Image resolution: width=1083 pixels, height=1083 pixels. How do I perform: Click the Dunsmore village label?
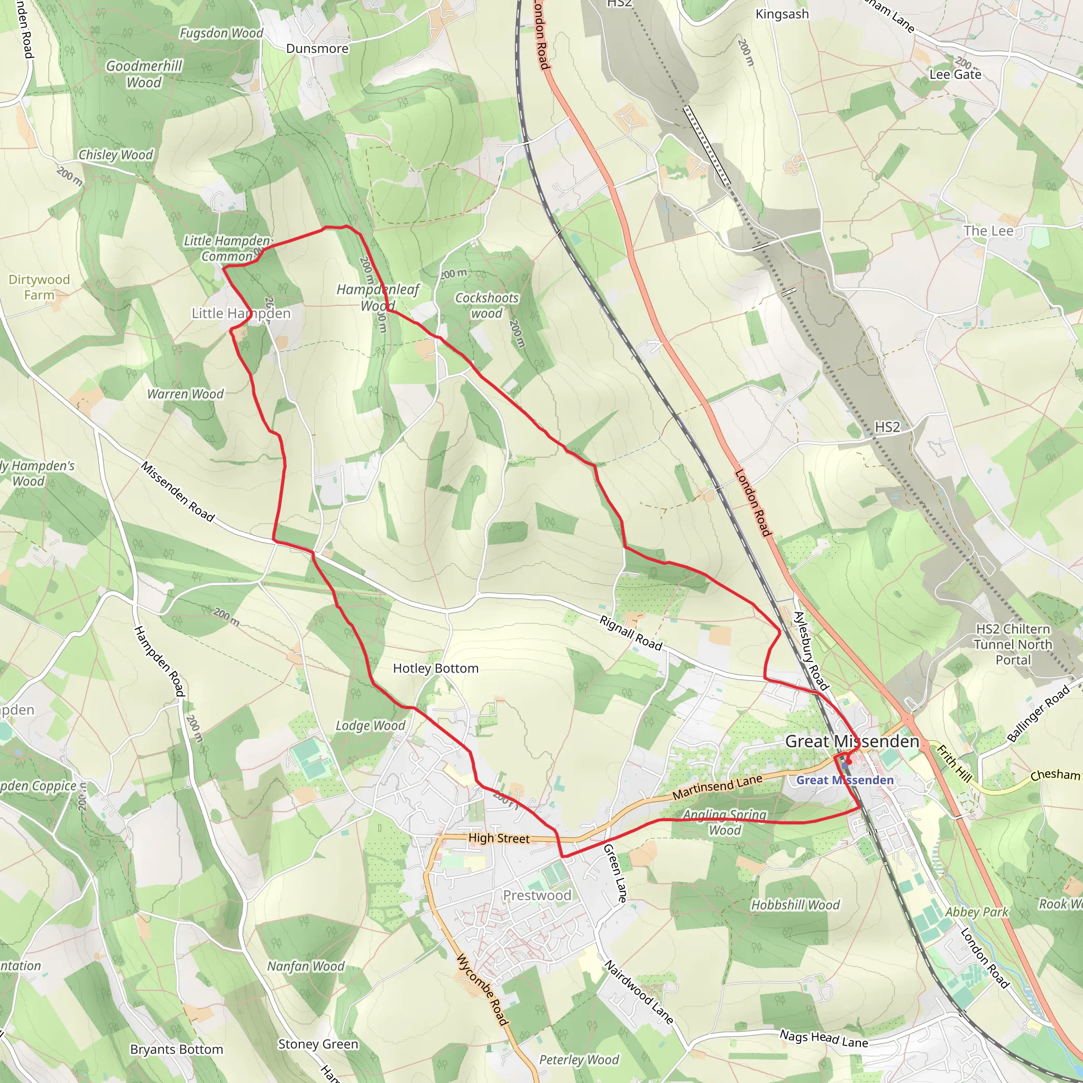[x=317, y=49]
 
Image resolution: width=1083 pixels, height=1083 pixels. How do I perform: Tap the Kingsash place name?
[x=782, y=14]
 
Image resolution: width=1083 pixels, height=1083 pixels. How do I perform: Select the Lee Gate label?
[x=955, y=75]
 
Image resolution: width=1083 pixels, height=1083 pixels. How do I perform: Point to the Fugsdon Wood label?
[x=221, y=34]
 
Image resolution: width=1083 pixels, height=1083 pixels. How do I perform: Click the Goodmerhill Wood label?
[x=144, y=75]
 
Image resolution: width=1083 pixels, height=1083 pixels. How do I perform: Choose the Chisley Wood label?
[x=115, y=155]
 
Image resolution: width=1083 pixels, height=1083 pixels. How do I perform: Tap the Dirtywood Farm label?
[x=39, y=287]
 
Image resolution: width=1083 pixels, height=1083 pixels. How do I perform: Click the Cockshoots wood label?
[x=487, y=306]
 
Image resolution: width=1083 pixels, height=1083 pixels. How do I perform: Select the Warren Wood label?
[x=186, y=394]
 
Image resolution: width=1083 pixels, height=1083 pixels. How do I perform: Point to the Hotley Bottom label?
[x=436, y=668]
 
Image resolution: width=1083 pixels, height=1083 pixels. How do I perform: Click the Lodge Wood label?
[x=371, y=726]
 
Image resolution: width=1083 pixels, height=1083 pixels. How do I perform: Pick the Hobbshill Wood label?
[x=795, y=905]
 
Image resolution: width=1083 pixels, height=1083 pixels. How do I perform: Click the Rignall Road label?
[x=631, y=634]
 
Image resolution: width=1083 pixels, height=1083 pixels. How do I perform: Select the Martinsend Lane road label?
[x=718, y=787]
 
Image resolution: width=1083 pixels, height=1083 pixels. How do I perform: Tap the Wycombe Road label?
[x=482, y=989]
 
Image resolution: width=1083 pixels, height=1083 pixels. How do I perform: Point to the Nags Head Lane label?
[x=824, y=1039]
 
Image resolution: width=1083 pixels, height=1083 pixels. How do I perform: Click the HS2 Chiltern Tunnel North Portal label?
[x=1013, y=644]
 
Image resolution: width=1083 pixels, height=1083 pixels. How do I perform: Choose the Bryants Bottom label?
[x=177, y=1049]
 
